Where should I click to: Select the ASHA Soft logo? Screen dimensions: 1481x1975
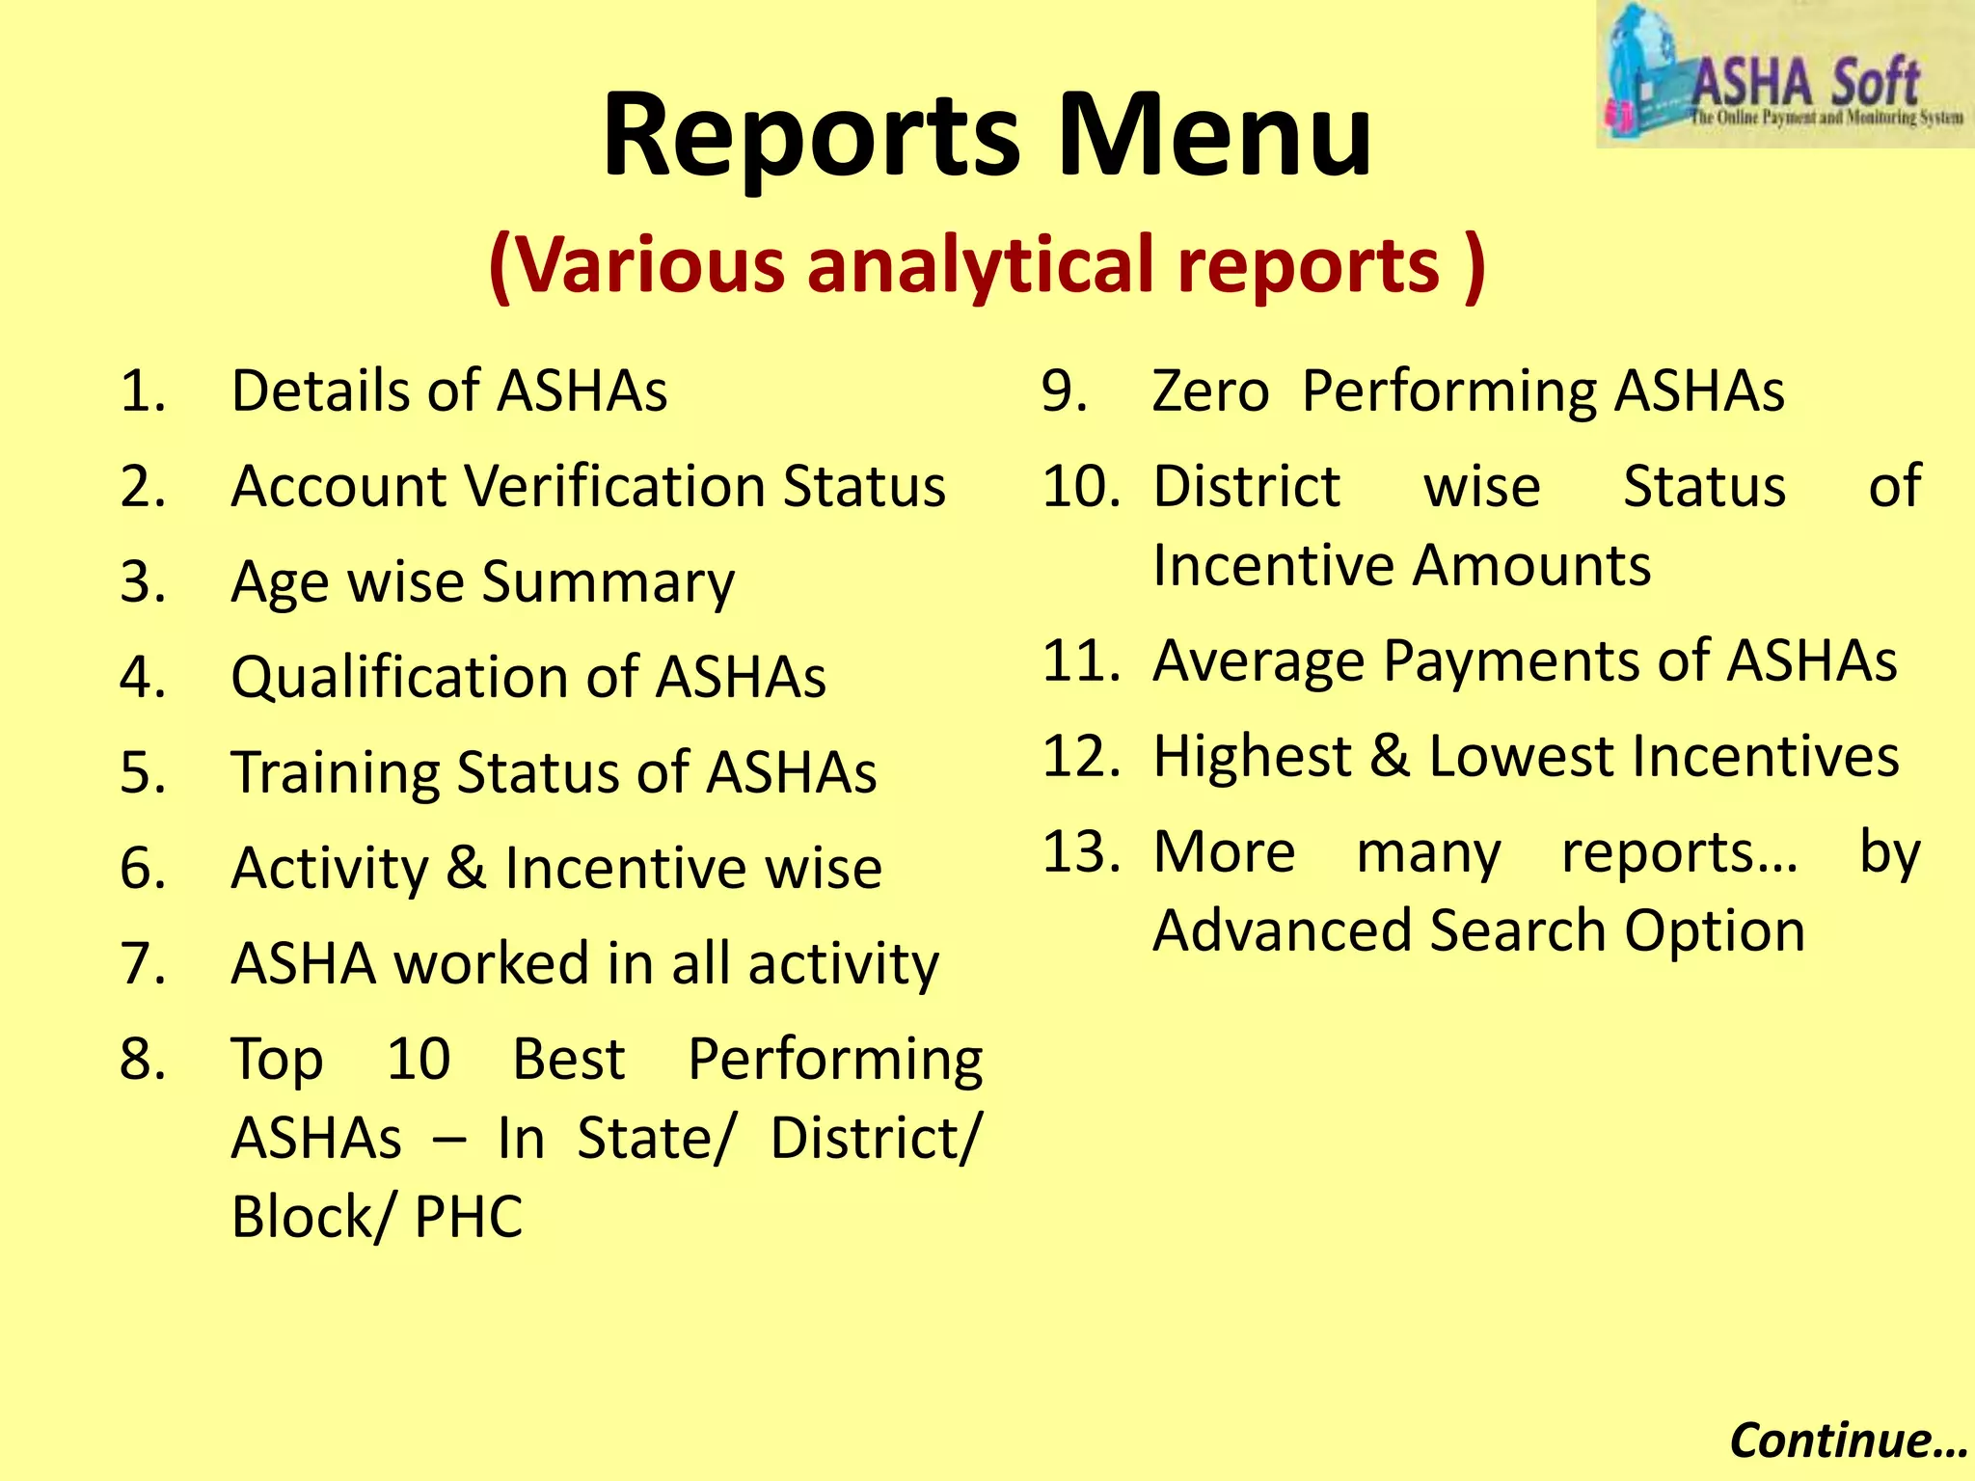click(1784, 75)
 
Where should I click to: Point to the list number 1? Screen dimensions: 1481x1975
click(143, 391)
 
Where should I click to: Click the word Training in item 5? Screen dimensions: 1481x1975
click(335, 773)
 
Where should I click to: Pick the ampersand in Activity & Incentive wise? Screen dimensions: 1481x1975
click(467, 868)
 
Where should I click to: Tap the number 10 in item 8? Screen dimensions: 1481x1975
click(419, 1059)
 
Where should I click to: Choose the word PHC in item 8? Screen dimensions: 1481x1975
click(469, 1217)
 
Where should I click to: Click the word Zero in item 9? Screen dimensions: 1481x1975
click(1211, 391)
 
